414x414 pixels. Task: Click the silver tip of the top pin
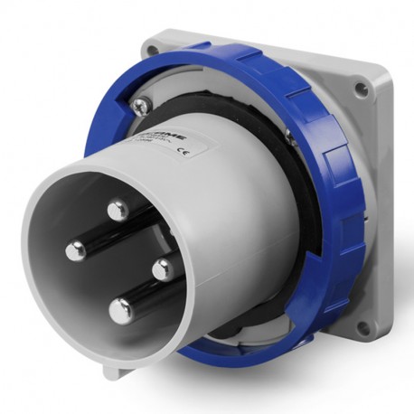tap(117, 212)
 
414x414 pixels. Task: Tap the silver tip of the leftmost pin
tap(76, 250)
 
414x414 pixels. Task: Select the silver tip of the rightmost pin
tap(162, 268)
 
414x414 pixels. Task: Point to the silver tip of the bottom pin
tap(120, 310)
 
